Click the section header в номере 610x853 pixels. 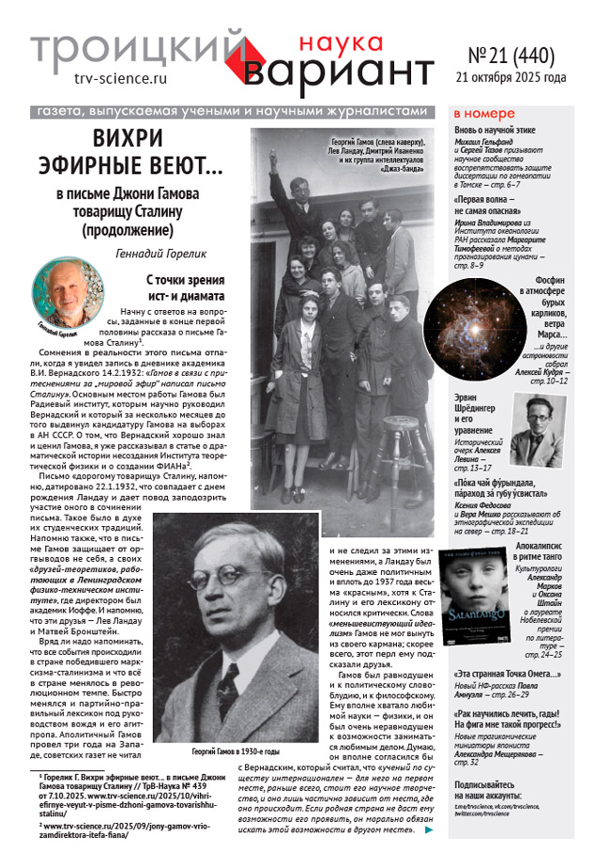pyautogui.click(x=487, y=114)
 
